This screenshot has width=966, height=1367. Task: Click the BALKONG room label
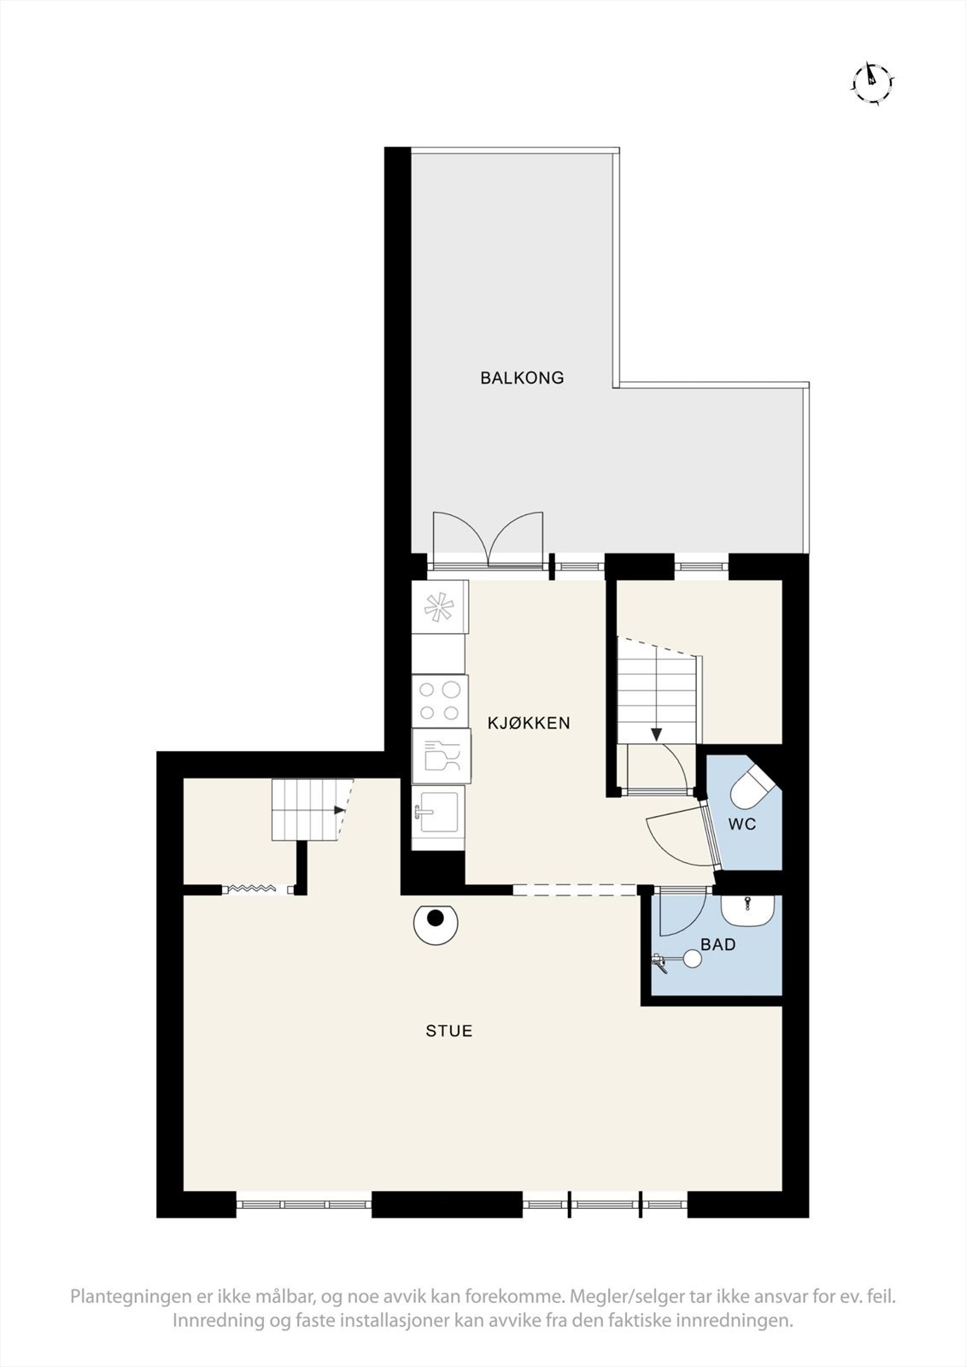pyautogui.click(x=522, y=378)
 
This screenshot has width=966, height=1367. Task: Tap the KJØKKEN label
pyautogui.click(x=528, y=724)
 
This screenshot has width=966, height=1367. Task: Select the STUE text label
pyautogui.click(x=449, y=1031)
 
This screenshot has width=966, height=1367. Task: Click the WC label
pyautogui.click(x=742, y=825)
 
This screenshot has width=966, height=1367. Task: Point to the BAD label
pyautogui.click(x=717, y=945)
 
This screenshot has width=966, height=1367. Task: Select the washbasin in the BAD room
pyautogui.click(x=748, y=911)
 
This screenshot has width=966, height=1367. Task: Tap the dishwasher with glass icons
pyautogui.click(x=441, y=755)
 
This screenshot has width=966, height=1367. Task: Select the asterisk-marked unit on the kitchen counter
pyautogui.click(x=439, y=607)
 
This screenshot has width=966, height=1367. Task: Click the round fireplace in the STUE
pyautogui.click(x=436, y=922)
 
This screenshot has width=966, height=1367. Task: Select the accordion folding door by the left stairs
pyautogui.click(x=255, y=889)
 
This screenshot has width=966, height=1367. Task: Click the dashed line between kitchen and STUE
pyautogui.click(x=577, y=890)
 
